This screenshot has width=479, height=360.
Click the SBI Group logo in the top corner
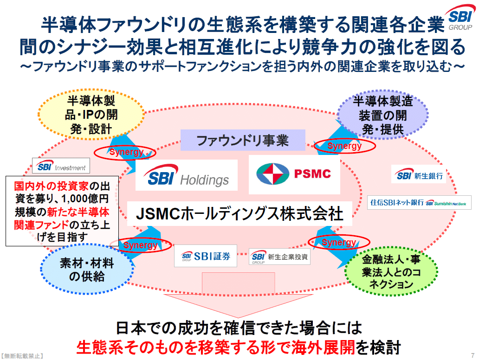[x=461, y=18]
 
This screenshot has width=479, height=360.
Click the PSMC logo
[x=294, y=174]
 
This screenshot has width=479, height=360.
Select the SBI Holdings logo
[x=186, y=175]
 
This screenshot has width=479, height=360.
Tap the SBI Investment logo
[x=61, y=167]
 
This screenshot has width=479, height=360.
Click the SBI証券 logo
[x=205, y=256]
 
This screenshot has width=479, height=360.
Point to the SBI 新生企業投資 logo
[x=279, y=256]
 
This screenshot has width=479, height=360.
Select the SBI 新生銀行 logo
[x=419, y=175]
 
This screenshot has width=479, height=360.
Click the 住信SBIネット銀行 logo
[x=420, y=202]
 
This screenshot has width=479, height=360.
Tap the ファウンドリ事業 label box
[x=242, y=140]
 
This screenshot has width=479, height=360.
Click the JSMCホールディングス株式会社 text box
[x=239, y=214]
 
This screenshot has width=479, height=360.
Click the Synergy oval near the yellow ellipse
[x=126, y=152]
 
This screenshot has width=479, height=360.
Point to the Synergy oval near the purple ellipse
[x=344, y=146]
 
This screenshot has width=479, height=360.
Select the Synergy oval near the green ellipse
[x=339, y=243]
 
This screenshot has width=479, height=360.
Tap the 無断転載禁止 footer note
[x=22, y=356]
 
